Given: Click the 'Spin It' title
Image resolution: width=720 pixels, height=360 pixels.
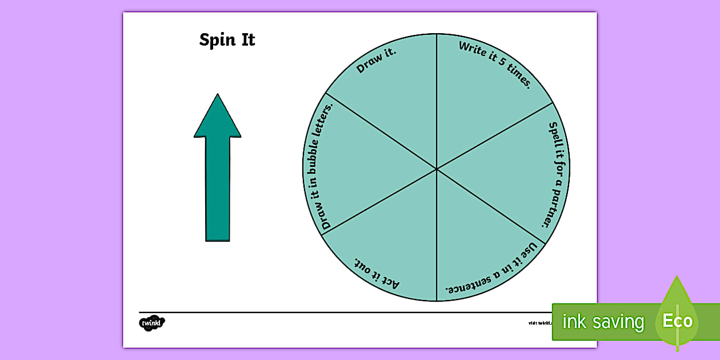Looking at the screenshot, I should coord(227,40).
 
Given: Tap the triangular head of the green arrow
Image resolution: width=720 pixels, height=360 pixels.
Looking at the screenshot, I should coord(217,118).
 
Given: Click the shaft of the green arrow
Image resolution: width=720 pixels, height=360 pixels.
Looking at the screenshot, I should coord(218,189).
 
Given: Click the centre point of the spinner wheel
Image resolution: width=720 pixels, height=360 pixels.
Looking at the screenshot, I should coord(437,169).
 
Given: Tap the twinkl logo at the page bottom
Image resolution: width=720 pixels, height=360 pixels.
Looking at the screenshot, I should coord(151,322).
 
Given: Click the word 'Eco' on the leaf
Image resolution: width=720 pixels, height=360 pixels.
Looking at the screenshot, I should coord(677,321).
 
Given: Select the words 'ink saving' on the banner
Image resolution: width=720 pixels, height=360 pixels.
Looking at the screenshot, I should coord(603,322).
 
